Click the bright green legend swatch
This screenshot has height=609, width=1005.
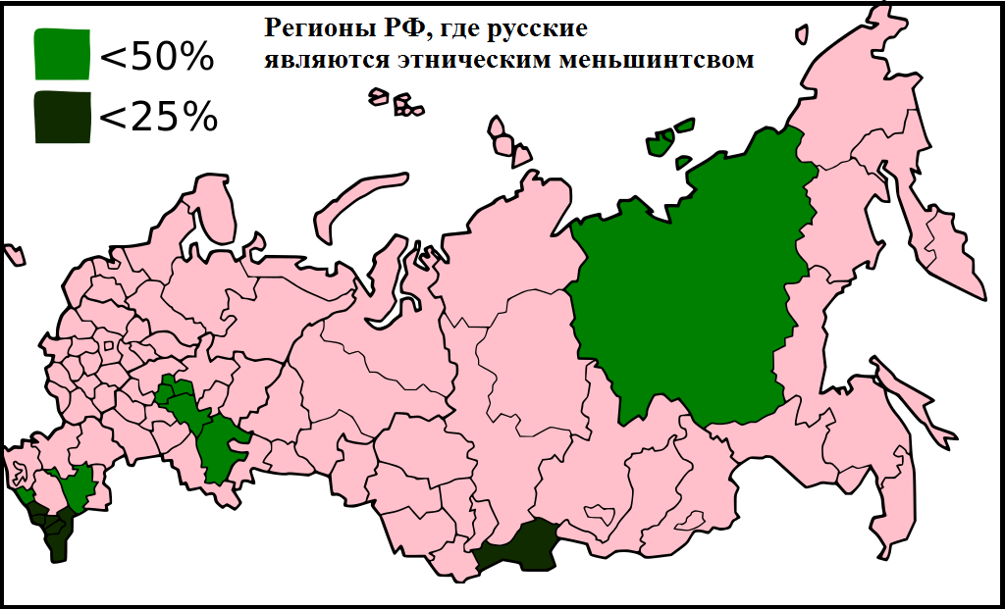click(x=61, y=53)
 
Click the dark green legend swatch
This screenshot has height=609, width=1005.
click(x=61, y=117)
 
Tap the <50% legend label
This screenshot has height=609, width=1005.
click(x=157, y=58)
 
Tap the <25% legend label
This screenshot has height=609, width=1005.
click(x=158, y=118)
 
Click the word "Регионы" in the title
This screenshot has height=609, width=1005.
click(x=311, y=28)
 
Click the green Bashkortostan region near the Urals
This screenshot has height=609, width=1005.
click(x=221, y=446)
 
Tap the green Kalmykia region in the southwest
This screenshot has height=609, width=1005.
click(x=74, y=485)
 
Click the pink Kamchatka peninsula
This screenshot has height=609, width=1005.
click(x=947, y=245)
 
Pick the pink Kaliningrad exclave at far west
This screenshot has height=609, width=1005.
click(x=13, y=253)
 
